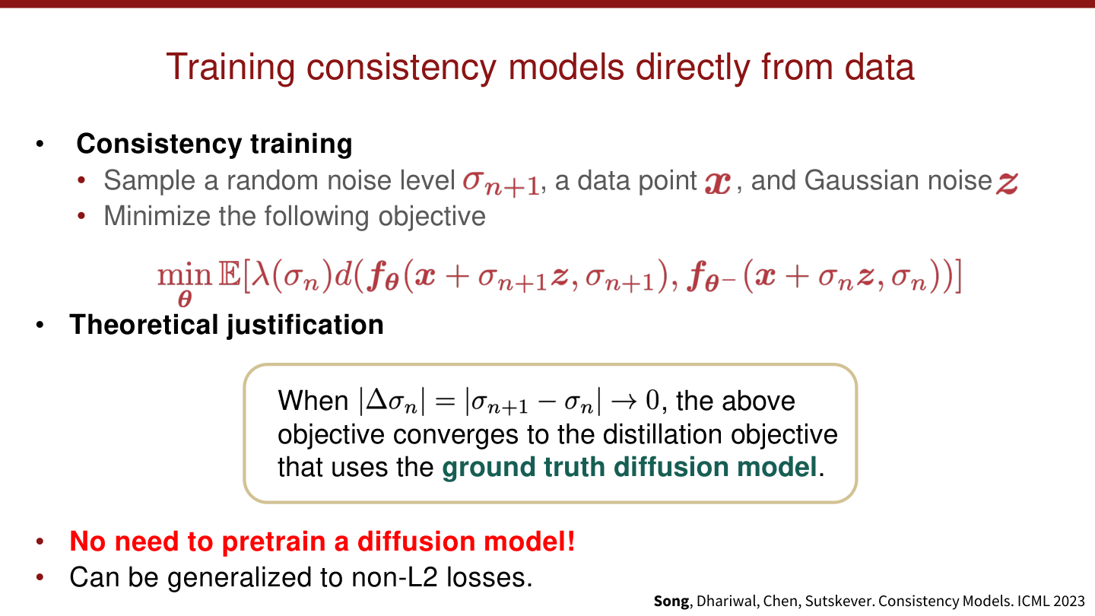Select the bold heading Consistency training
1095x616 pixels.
214,144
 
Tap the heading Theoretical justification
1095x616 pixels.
227,325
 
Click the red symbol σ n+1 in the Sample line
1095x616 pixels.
501,183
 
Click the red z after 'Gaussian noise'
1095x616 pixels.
1007,183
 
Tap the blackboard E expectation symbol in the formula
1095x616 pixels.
229,277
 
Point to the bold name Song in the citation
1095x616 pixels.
671,601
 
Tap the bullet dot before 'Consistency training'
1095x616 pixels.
40,144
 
